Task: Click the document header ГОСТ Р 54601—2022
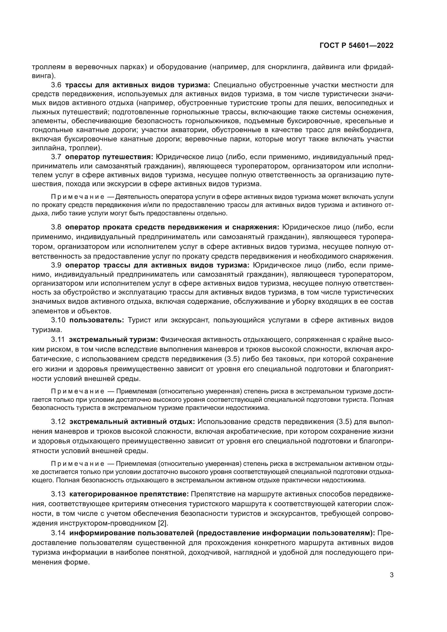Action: pos(356,45)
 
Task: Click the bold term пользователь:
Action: pos(96,320)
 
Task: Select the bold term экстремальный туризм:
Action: pos(114,340)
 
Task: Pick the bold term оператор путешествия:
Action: pos(109,157)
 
